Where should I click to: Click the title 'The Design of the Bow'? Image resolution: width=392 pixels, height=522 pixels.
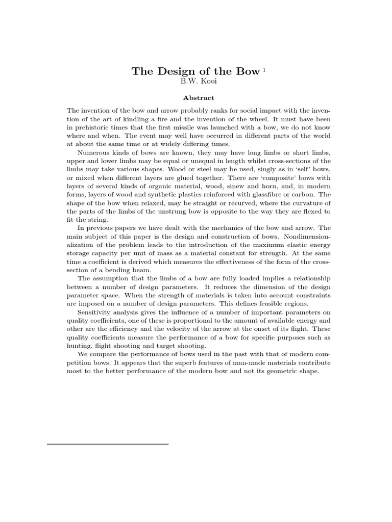[195, 71]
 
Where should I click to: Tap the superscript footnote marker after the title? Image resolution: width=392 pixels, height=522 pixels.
[264, 69]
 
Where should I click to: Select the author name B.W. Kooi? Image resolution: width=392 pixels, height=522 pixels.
[196, 82]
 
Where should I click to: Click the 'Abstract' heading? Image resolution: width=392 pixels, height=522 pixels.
[196, 98]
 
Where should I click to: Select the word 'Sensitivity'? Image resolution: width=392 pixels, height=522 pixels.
[94, 311]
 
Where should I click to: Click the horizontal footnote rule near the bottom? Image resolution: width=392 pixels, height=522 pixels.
[108, 444]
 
